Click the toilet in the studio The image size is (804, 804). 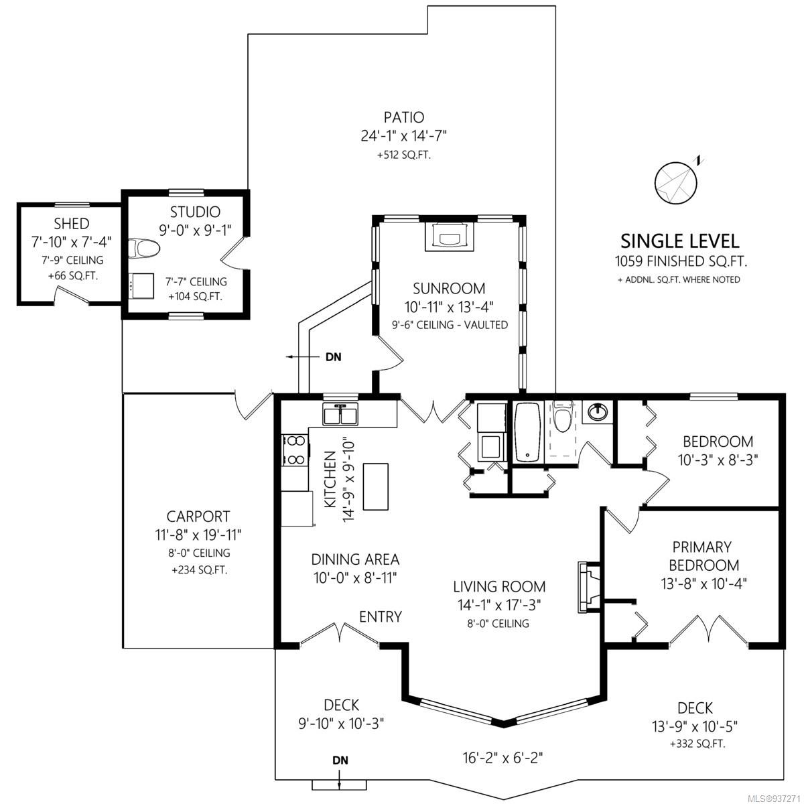pos(143,249)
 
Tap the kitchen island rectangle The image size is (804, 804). pos(375,486)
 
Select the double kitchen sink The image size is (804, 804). pos(340,414)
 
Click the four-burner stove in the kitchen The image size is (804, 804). pos(295,450)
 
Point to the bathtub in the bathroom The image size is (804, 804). pos(527,432)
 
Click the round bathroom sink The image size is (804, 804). pos(598,413)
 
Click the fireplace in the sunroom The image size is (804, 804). pos(450,236)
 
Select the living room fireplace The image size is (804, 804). pos(589,587)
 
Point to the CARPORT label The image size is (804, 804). pos(198,516)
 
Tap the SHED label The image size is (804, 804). pos(71,224)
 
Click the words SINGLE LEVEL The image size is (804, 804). pos(679,241)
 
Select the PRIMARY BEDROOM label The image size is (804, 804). pos(704,555)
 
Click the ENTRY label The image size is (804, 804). pos(381,616)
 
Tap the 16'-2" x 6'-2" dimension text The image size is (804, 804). pos(503,757)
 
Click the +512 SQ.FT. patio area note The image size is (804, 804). pos(403,155)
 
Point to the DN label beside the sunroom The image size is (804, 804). pos(334,356)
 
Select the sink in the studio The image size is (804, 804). pos(138,286)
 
